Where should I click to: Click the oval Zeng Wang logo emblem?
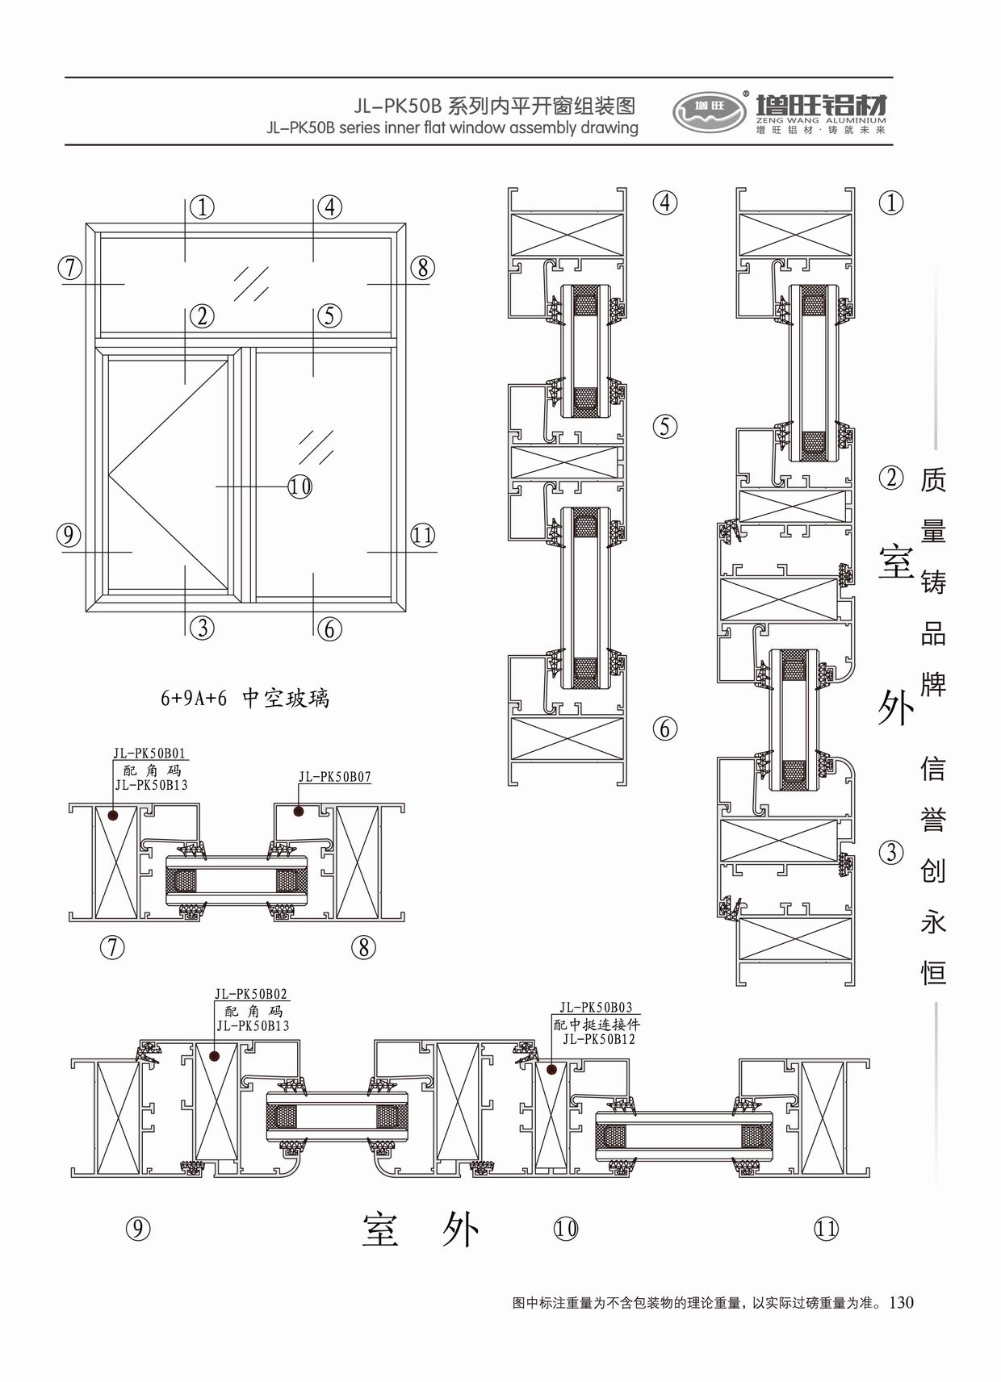click(710, 111)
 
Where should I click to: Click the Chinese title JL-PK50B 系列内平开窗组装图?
click(494, 106)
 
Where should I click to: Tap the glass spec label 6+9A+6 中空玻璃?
click(245, 698)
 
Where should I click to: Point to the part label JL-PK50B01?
click(149, 754)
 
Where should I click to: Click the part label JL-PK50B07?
click(334, 777)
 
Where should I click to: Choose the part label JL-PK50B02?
click(251, 995)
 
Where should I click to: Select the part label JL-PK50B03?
click(596, 1008)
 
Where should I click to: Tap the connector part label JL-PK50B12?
click(598, 1039)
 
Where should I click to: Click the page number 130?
click(901, 1302)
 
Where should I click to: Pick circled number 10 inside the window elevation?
click(299, 486)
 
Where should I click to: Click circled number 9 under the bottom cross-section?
click(138, 1229)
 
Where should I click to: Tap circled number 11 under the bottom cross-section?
click(826, 1229)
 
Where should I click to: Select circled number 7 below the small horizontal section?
click(112, 947)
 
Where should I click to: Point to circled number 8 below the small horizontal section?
click(363, 947)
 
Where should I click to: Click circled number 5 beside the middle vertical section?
click(664, 426)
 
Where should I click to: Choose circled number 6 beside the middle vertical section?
click(664, 729)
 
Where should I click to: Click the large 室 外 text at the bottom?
click(421, 1230)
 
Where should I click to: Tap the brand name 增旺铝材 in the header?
click(821, 106)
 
